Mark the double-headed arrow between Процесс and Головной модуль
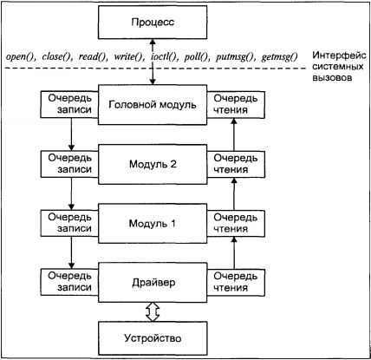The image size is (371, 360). coord(153,61)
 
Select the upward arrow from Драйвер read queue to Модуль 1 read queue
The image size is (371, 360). coord(235,252)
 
